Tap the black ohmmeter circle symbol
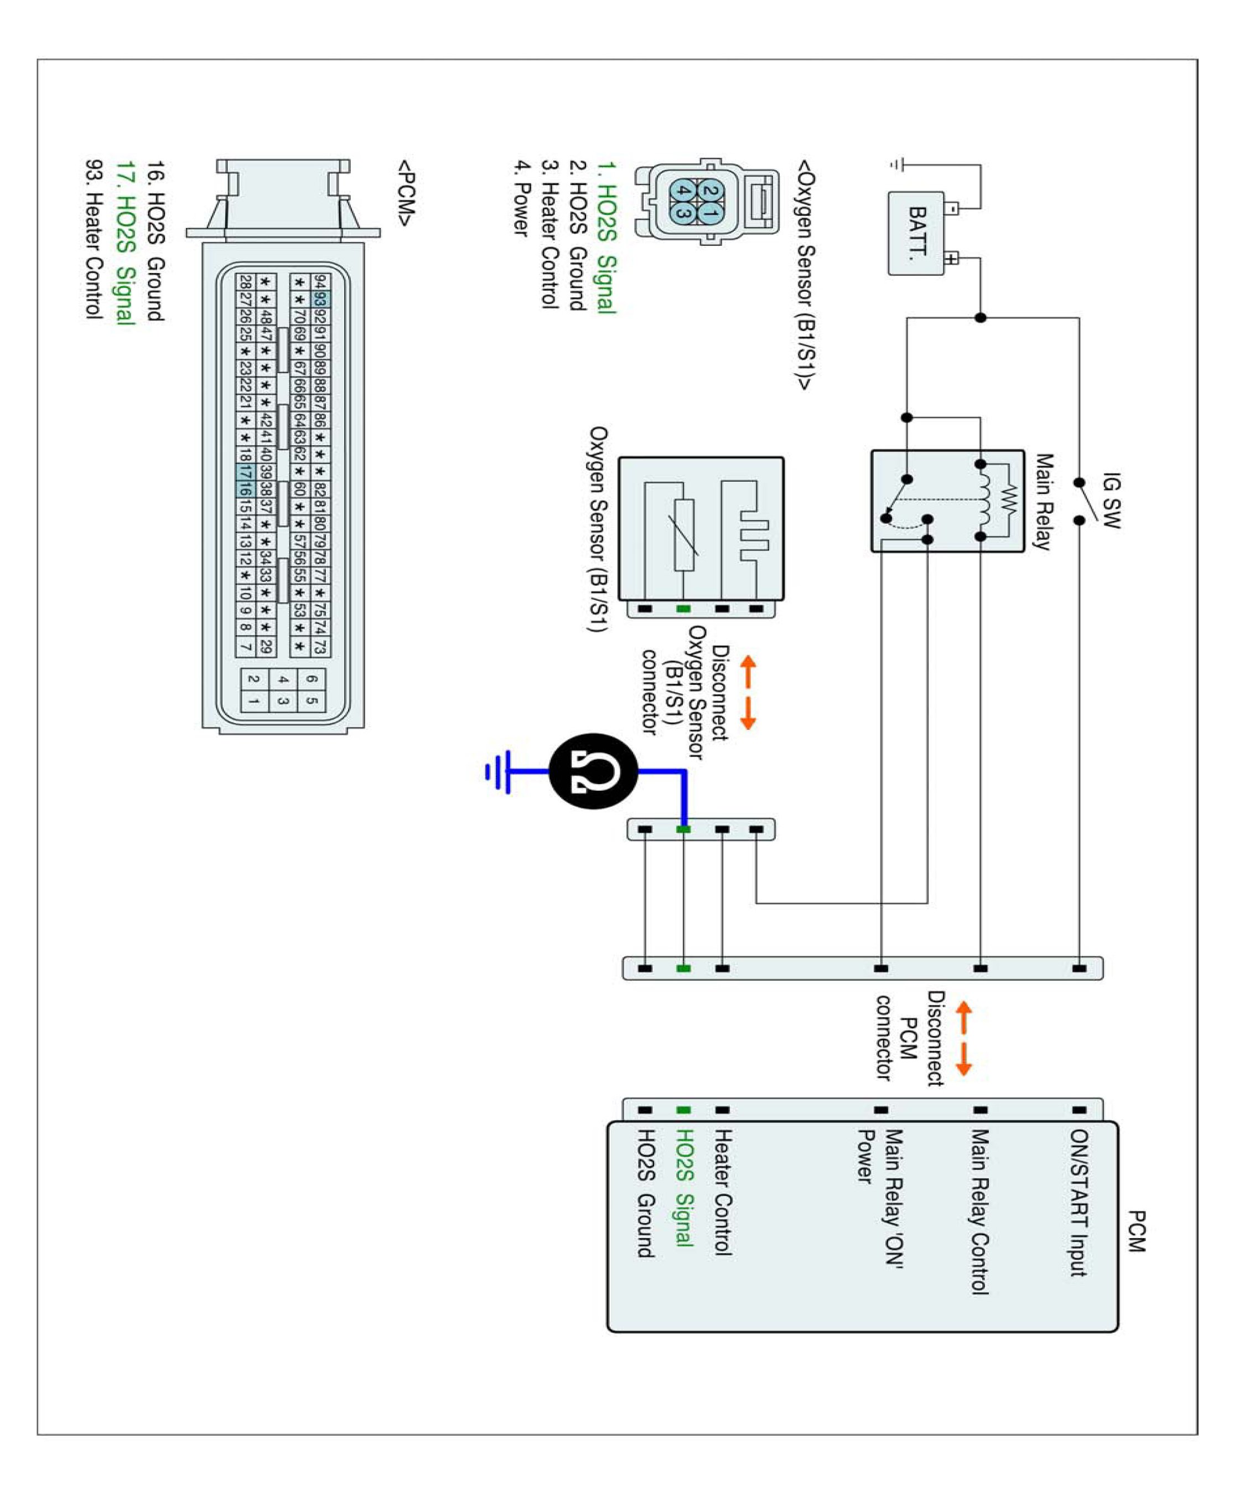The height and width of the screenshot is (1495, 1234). point(594,771)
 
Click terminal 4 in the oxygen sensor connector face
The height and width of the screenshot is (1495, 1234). point(683,190)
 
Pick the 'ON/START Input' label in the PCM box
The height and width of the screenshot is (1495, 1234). point(1079,1203)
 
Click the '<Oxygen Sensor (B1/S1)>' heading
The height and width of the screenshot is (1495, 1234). point(805,275)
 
